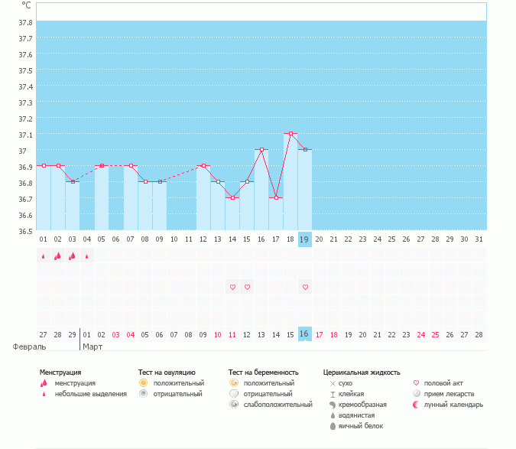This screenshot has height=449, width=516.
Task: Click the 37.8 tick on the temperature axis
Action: click(x=25, y=21)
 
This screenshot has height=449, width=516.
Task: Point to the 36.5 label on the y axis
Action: click(x=25, y=231)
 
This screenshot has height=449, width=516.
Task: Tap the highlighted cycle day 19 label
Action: click(x=304, y=239)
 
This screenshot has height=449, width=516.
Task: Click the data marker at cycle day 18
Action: click(x=290, y=134)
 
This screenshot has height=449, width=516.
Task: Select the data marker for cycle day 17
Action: click(x=276, y=197)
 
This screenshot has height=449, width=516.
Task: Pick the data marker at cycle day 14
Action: click(x=232, y=197)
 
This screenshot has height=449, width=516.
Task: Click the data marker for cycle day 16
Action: click(x=261, y=150)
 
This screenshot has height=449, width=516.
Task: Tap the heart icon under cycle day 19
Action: click(x=305, y=287)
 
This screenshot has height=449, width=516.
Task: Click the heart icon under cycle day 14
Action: click(x=232, y=287)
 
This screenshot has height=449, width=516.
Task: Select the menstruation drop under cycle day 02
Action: click(x=57, y=256)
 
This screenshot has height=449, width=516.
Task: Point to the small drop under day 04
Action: click(x=86, y=256)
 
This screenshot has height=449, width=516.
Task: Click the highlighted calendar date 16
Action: click(x=304, y=334)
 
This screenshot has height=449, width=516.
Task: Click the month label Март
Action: click(x=92, y=347)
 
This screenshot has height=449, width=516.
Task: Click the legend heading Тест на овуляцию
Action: click(x=167, y=372)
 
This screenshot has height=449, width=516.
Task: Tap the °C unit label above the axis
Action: click(x=26, y=5)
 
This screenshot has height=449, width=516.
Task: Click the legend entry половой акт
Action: click(x=443, y=382)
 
